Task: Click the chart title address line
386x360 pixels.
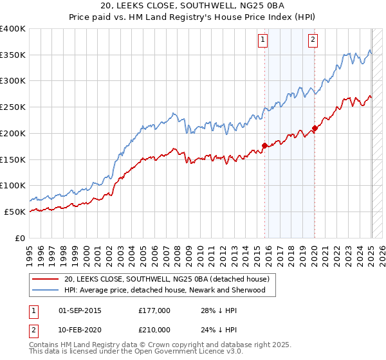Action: (x=192, y=6)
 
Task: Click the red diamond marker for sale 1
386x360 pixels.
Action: (x=264, y=145)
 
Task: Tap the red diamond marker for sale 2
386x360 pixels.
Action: (x=315, y=128)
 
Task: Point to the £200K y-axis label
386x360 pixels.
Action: (x=13, y=133)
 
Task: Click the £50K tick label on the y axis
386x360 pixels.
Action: (x=15, y=212)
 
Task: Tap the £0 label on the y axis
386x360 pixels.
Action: (x=21, y=238)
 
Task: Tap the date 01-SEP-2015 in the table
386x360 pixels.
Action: (x=80, y=310)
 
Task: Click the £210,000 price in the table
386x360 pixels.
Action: (x=154, y=330)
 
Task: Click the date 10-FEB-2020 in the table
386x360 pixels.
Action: (x=80, y=330)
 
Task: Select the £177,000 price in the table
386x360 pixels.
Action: (x=154, y=310)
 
